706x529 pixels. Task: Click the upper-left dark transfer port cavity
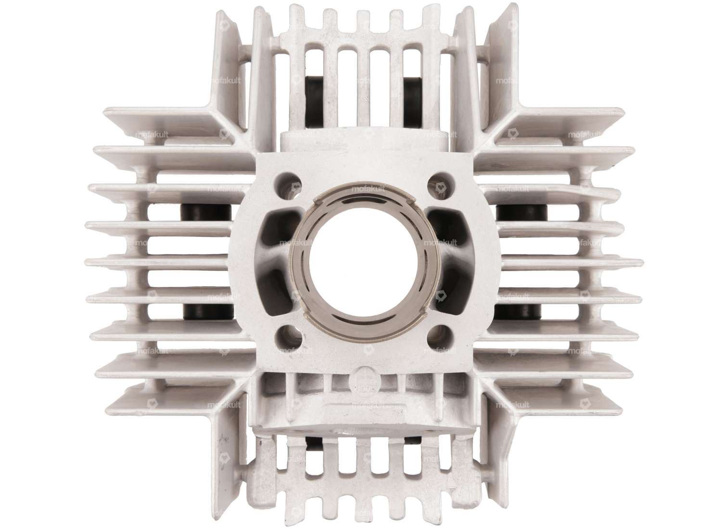click(279, 226)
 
